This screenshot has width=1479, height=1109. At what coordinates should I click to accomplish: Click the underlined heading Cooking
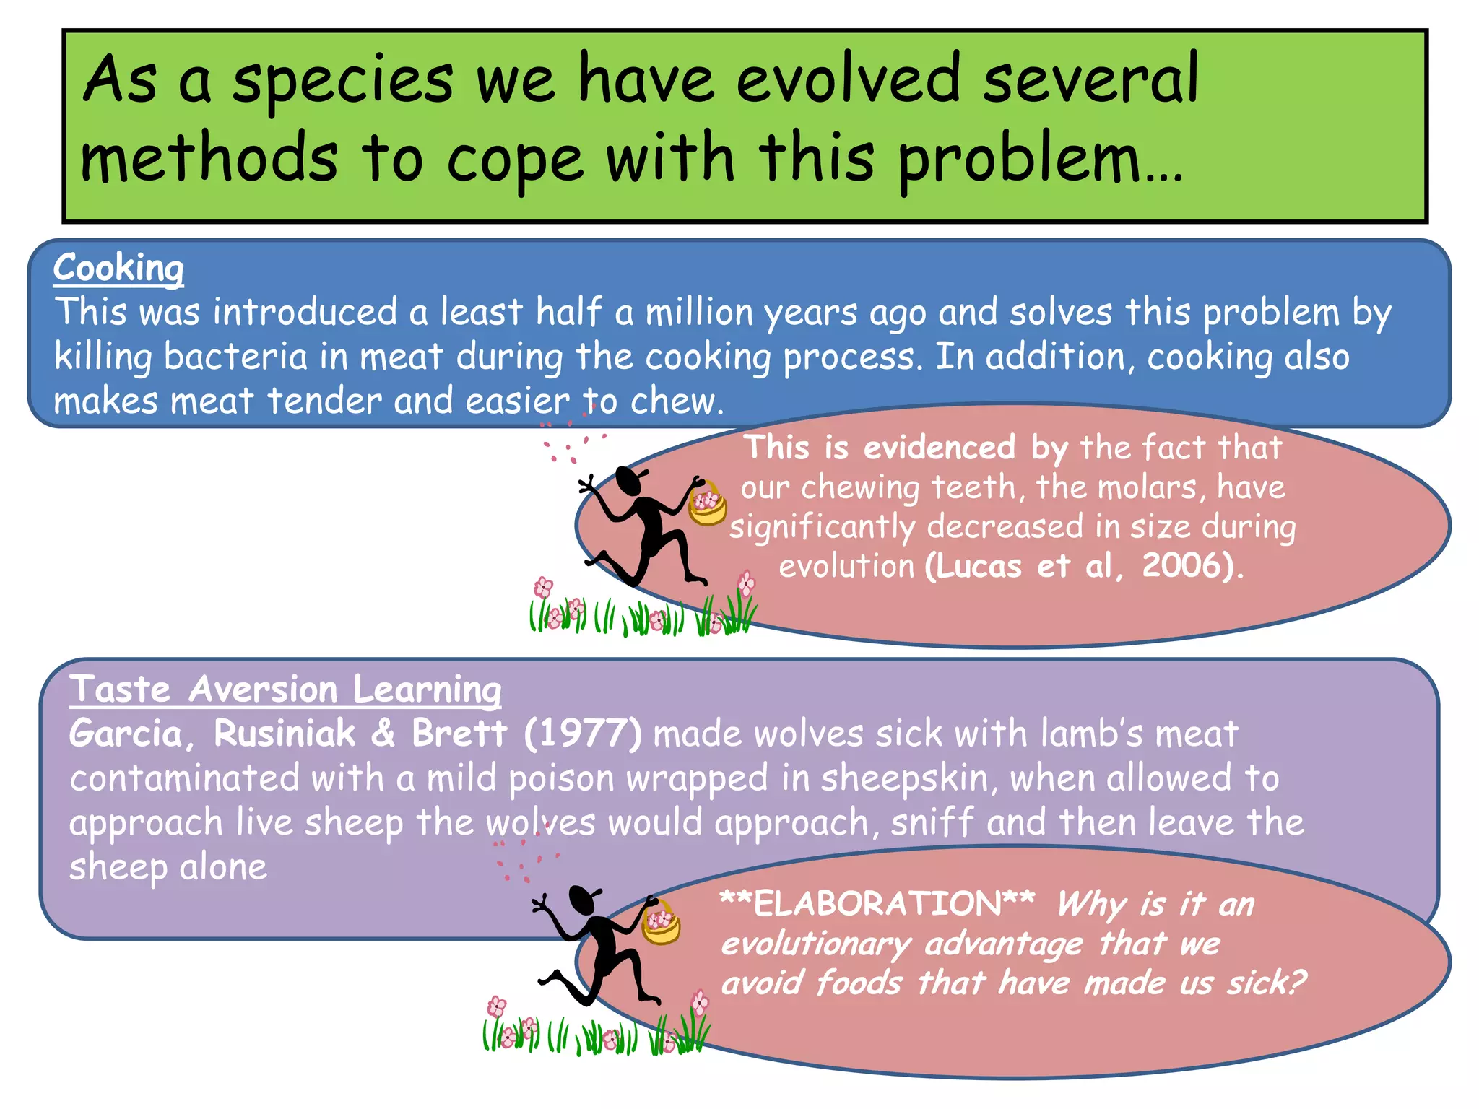click(118, 269)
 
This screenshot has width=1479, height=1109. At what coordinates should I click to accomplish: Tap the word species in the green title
click(342, 81)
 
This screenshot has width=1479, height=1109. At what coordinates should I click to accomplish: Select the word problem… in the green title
click(1040, 160)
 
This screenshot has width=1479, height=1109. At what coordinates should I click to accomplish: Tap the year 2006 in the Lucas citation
click(1180, 565)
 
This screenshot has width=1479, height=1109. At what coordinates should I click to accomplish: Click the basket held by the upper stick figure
click(707, 505)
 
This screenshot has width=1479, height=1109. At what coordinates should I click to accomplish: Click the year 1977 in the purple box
click(582, 734)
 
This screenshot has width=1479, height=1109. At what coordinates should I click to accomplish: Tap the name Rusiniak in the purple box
click(285, 734)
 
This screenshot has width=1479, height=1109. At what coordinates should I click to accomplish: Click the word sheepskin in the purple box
click(904, 778)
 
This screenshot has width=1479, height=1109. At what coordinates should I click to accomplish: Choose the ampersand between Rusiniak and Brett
click(383, 734)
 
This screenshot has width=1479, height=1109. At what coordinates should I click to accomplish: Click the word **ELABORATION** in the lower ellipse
click(877, 904)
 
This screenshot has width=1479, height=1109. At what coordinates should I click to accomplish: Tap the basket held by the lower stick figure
click(661, 924)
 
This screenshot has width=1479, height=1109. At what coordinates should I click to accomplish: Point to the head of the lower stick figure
click(582, 900)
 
